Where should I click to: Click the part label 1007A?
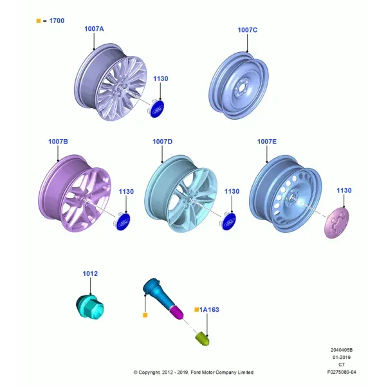[94, 29]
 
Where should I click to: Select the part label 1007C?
[248, 30]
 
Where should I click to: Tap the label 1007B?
[58, 142]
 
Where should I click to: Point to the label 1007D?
[163, 142]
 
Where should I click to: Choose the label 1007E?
[267, 142]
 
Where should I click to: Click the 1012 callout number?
[90, 273]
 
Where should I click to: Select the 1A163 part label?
[209, 309]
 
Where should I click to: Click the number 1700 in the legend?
[57, 21]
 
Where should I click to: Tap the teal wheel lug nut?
[90, 307]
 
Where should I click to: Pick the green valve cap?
[203, 338]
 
